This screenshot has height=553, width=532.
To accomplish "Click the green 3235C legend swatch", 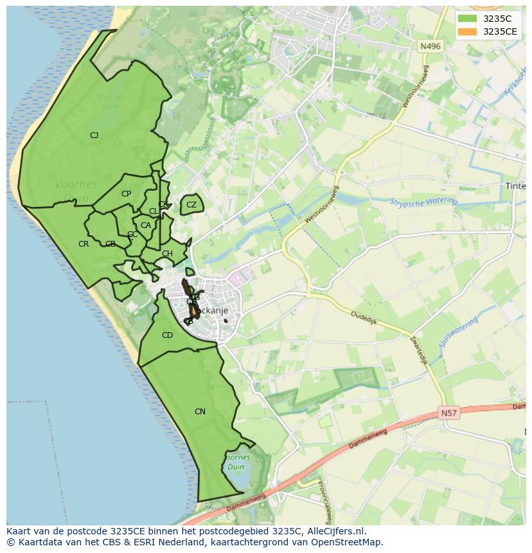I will (467, 19).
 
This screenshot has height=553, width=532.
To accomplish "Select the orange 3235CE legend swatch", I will (467, 31).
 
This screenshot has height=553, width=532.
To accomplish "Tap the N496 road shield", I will (430, 46).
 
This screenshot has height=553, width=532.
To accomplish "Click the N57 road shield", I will (450, 414).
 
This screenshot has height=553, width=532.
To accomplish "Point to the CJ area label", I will (94, 136).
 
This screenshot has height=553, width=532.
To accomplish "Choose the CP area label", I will (126, 194).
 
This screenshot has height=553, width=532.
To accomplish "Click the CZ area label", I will (191, 206).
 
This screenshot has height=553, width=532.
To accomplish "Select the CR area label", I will (84, 244).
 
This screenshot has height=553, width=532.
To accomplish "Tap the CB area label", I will (111, 244).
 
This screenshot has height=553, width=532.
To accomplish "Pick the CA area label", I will (146, 225).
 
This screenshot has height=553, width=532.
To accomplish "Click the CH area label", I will (167, 254).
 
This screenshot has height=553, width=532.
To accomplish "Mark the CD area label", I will (167, 335).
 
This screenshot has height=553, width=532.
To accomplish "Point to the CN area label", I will (200, 412).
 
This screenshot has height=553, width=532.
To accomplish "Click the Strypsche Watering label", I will (423, 202).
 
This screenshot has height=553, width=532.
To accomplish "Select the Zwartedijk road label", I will (418, 351).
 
